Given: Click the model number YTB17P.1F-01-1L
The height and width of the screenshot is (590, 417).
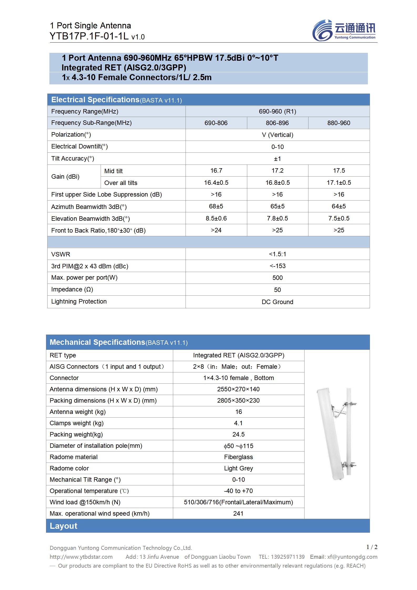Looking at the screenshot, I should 89,36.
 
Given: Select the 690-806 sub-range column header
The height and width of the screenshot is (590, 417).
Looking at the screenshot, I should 216,123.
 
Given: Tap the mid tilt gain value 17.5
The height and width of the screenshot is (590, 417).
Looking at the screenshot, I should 339,171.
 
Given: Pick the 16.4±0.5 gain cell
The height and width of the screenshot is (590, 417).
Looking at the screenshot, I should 216,183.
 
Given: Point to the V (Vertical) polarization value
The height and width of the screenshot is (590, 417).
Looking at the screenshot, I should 277,135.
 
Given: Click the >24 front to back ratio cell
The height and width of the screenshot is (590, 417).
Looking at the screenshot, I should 216,230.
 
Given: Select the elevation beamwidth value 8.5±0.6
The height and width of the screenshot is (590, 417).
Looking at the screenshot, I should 216,218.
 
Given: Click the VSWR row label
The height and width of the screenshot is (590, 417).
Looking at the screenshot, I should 61,254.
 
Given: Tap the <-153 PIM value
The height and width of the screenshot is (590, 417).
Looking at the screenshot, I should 277,266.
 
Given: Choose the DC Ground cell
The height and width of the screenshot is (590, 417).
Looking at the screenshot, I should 277,302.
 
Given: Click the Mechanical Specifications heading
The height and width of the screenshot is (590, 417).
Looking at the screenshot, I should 97,342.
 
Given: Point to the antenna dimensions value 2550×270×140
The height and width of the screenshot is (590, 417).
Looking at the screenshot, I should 238,389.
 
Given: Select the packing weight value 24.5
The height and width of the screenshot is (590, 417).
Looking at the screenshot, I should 238,434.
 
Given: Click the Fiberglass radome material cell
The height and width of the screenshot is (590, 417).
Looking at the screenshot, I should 238,457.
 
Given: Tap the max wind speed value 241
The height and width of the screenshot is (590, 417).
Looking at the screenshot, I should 238,514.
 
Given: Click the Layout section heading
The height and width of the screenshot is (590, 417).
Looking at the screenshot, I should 64,526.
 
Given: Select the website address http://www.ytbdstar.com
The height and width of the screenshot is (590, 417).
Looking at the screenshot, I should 81,557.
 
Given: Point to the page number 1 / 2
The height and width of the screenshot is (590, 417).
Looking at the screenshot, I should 372,547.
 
